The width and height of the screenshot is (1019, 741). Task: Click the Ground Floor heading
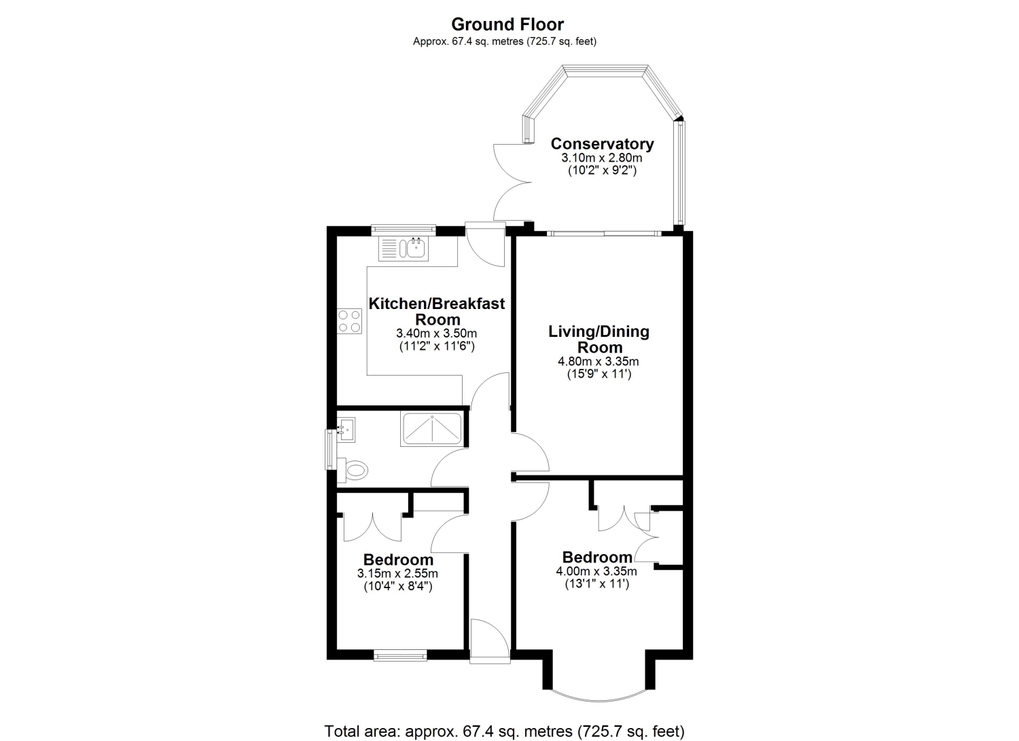[x=507, y=24]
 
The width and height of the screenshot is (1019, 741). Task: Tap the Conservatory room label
[x=603, y=144]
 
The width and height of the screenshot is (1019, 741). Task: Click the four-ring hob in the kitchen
[x=349, y=321]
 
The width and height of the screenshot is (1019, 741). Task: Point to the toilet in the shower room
[x=353, y=470]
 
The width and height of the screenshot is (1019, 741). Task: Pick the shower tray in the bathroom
[x=431, y=429]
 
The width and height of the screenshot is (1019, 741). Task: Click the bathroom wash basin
[x=346, y=430]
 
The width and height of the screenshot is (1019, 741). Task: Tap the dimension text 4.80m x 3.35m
[x=598, y=361]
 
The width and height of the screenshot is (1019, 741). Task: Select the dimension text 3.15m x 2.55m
[x=397, y=574]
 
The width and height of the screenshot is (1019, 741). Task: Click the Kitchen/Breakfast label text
[x=437, y=304]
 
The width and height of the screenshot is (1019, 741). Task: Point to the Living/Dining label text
[x=598, y=331]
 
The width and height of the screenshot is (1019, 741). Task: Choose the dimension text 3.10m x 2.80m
[x=602, y=158]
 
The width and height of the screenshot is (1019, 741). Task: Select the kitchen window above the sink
[x=403, y=230]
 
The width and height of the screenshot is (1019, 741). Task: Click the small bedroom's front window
[x=400, y=655]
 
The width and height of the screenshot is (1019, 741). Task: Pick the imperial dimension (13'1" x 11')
[x=597, y=583]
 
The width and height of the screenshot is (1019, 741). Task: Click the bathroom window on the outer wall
[x=330, y=450]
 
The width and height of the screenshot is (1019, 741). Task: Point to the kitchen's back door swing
[x=485, y=246]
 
